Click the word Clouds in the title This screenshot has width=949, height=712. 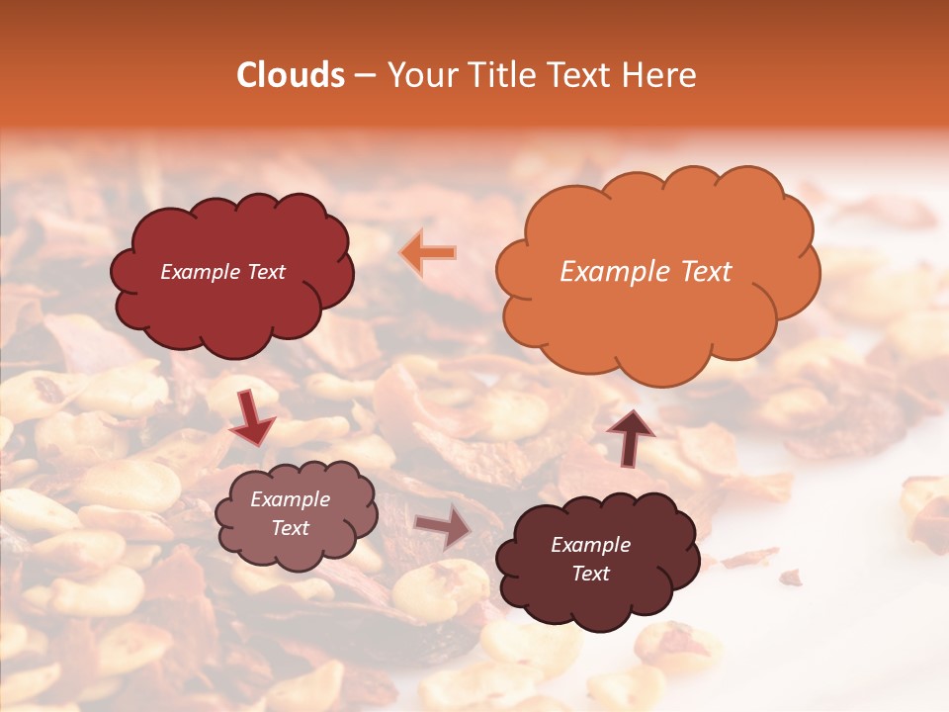pyautogui.click(x=291, y=75)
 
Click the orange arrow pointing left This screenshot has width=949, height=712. pyautogui.click(x=428, y=253)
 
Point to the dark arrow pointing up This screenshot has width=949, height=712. pyautogui.click(x=630, y=436)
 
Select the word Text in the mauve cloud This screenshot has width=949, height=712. pyautogui.click(x=290, y=528)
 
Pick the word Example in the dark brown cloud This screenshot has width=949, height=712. pyautogui.click(x=590, y=545)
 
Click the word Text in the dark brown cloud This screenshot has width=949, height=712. pyautogui.click(x=590, y=574)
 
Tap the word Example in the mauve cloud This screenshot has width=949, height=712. pyautogui.click(x=290, y=499)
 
